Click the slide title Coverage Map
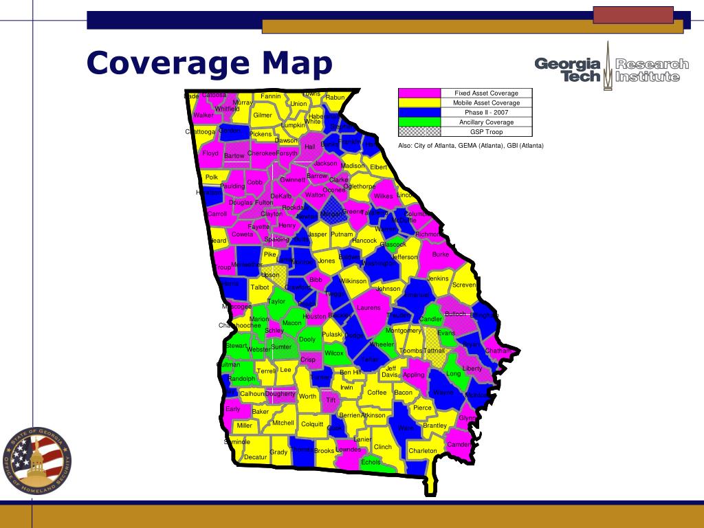[x=209, y=63]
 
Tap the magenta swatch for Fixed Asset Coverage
[x=419, y=93]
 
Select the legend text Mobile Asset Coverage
[x=486, y=103]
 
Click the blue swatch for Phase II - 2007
[x=419, y=113]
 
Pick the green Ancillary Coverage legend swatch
[x=419, y=122]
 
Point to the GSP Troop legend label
[x=486, y=132]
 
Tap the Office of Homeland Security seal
[x=38, y=460]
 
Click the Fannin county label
[x=271, y=96]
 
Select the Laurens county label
[x=368, y=308]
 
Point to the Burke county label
[x=440, y=254]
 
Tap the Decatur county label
[x=255, y=457]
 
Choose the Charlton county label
[x=422, y=451]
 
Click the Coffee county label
[x=377, y=393]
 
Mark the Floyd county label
[x=210, y=153]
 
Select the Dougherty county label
[x=280, y=394]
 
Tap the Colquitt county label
[x=312, y=425]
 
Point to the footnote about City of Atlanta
[x=470, y=146]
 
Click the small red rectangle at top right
[x=632, y=14]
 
